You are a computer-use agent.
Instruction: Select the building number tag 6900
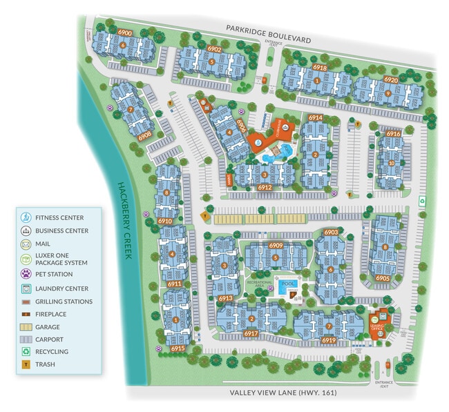point(125,32)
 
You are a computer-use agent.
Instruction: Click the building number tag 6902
point(214,49)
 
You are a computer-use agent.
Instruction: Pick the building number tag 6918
point(319,68)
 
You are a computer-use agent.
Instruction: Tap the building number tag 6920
point(391,79)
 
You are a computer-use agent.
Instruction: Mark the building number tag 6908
point(145,136)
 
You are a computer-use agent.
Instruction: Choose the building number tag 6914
point(316,118)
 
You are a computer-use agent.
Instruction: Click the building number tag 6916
point(394,133)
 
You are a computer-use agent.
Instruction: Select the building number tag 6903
point(331,233)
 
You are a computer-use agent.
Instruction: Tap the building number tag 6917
point(251,333)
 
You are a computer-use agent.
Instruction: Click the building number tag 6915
point(178,349)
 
